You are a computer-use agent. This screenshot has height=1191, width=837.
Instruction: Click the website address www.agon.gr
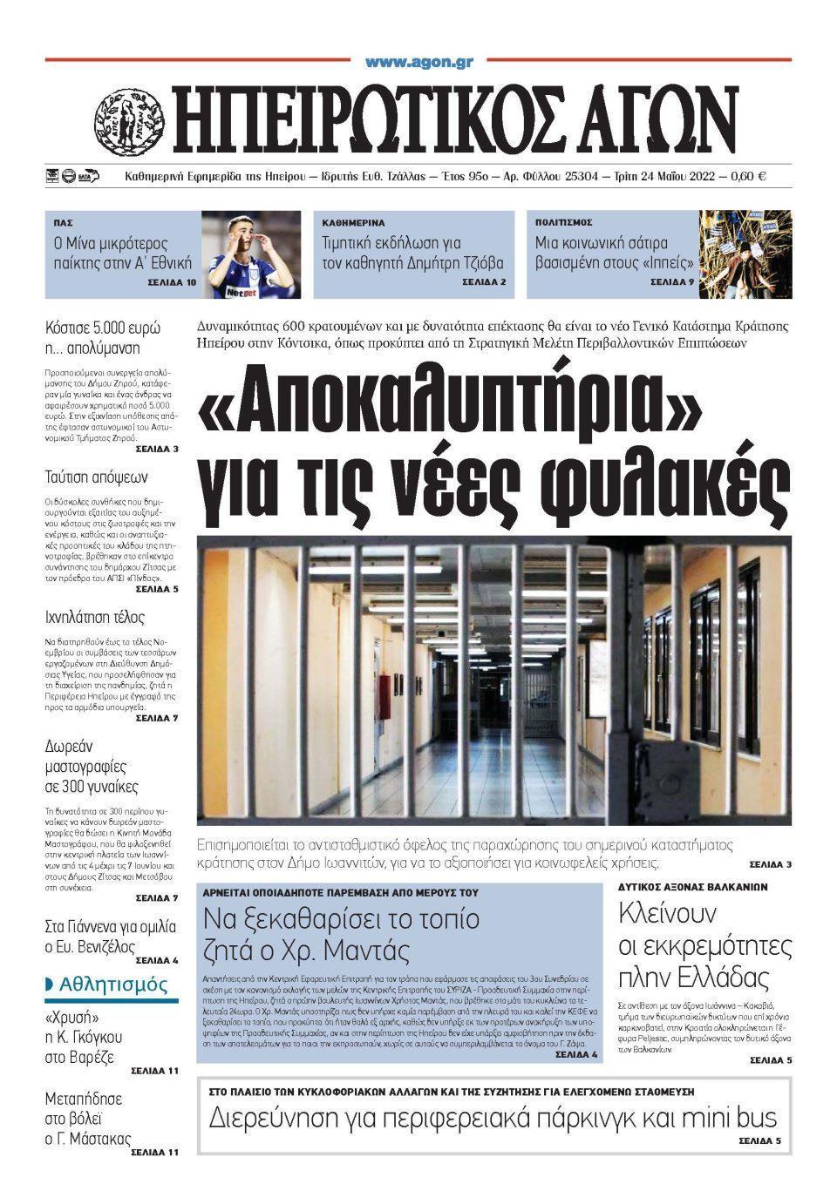click(x=418, y=62)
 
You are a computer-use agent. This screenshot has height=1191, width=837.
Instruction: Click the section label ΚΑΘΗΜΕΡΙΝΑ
click(x=353, y=223)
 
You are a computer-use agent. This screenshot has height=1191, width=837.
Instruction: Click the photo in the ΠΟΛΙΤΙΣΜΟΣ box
click(x=745, y=254)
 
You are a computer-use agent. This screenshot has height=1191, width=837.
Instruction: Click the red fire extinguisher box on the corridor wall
click(x=384, y=697)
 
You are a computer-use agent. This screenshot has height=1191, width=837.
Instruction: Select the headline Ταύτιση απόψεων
click(x=97, y=477)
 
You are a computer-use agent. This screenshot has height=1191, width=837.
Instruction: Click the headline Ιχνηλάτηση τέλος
click(x=94, y=618)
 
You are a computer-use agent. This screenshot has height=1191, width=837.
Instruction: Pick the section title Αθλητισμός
click(x=112, y=985)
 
